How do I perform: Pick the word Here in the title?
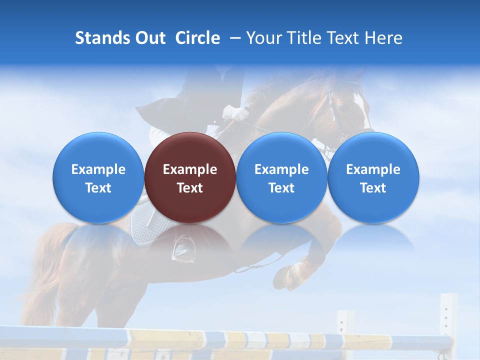click(x=383, y=38)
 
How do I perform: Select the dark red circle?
click(x=190, y=177)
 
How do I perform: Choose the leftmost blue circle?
click(x=98, y=177)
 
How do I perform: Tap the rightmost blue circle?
click(x=373, y=177)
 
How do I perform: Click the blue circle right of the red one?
click(x=281, y=177)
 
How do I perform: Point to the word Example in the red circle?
click(x=190, y=169)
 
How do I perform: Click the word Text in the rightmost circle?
click(x=373, y=188)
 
